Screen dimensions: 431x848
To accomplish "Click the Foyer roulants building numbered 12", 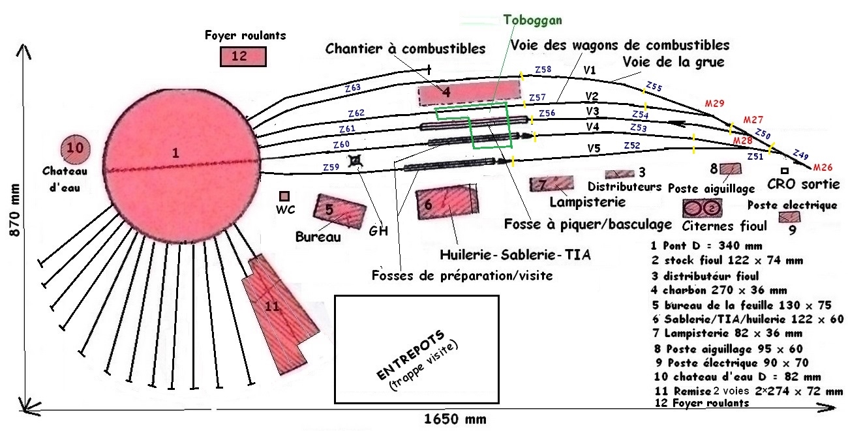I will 243,57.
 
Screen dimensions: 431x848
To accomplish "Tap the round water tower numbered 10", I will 75,149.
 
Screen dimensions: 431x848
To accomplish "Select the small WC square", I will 284,196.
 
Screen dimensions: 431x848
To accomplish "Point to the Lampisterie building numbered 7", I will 551,185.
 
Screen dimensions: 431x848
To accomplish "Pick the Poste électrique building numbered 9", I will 789,217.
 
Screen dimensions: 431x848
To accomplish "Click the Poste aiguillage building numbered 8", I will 731,169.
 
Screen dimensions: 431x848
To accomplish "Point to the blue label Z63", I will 353,87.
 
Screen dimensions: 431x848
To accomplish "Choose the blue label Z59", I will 331,167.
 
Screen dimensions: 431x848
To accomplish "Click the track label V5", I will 593,149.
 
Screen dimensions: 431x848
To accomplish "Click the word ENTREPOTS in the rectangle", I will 411,355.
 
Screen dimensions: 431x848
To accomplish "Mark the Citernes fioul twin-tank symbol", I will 703,208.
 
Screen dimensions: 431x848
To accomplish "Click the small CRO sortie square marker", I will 784,170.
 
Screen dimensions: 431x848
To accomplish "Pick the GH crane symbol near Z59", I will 356,161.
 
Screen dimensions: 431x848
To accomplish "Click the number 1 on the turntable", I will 175,153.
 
